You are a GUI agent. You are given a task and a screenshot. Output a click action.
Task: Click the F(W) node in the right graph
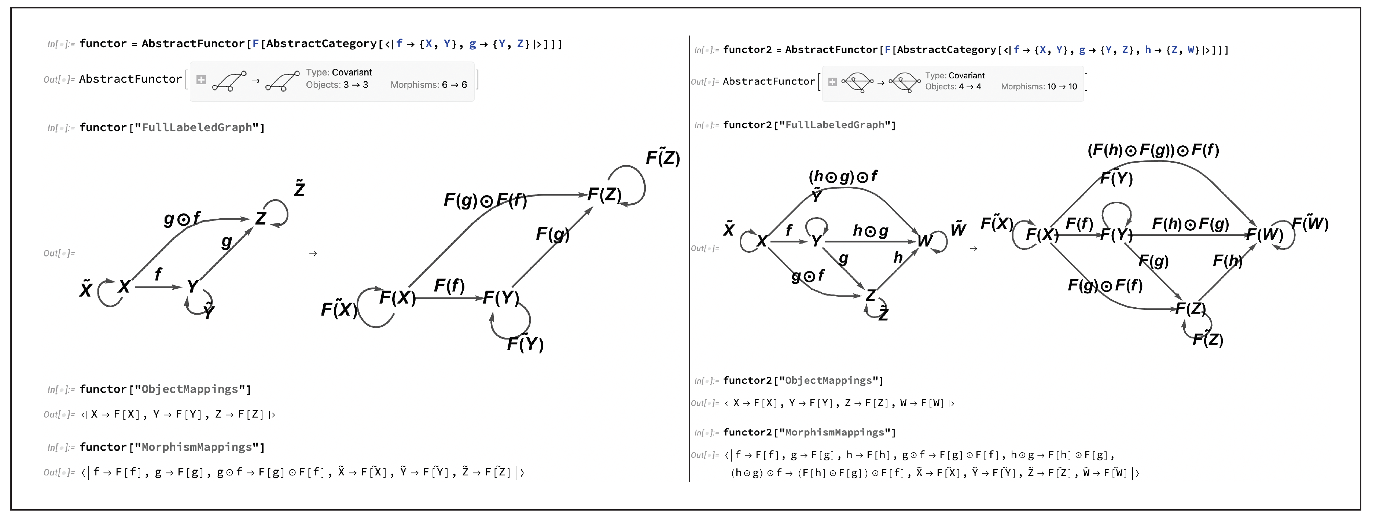[1264, 234]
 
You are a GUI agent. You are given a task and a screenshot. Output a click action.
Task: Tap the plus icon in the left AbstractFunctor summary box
[201, 79]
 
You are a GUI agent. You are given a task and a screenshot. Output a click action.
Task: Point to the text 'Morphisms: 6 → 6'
[428, 85]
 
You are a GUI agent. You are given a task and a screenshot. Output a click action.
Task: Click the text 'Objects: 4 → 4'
[953, 86]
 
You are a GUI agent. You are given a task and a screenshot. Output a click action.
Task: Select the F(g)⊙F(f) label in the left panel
[485, 201]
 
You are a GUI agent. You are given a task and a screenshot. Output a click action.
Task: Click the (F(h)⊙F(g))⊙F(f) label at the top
[1153, 150]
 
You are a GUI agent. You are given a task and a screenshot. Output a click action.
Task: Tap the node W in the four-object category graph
[925, 241]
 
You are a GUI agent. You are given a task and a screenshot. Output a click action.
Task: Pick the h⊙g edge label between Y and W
[870, 231]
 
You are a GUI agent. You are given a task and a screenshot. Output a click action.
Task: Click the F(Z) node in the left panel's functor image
[604, 195]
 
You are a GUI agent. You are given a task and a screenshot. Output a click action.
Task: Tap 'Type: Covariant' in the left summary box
[339, 72]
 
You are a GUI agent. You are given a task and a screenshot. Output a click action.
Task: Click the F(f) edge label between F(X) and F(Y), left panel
[449, 286]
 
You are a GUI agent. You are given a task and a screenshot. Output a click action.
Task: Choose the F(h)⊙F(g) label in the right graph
[1190, 224]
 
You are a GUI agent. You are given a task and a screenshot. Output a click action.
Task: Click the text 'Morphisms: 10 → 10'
[1038, 86]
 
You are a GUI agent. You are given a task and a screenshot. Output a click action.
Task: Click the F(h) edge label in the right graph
[1227, 260]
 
